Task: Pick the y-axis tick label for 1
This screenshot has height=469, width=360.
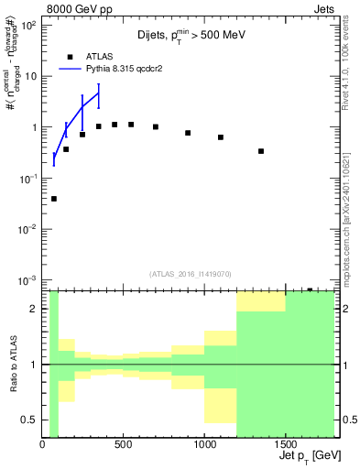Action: pos(34,127)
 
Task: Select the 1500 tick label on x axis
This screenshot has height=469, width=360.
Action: pos(285,445)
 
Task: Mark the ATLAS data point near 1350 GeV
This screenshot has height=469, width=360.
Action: pos(261,151)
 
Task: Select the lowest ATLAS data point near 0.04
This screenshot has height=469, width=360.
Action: pos(54,199)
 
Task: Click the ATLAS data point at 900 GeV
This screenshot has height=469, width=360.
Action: pos(188,133)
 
